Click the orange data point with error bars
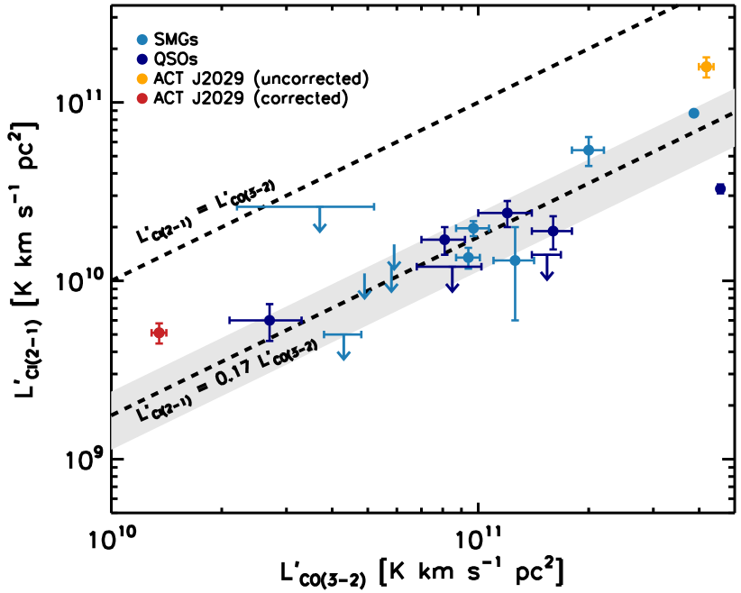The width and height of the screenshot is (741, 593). (706, 67)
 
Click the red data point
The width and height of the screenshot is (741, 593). (159, 333)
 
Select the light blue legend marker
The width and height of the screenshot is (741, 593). (142, 40)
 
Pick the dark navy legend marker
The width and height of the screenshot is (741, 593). (142, 59)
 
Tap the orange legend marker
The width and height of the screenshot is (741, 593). (142, 78)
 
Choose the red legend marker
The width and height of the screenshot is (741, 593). (142, 98)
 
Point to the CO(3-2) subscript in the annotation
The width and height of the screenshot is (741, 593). (296, 352)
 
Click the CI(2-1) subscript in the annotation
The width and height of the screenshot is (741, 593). (171, 406)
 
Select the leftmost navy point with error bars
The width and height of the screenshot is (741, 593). (269, 320)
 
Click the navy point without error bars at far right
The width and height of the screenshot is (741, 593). (720, 188)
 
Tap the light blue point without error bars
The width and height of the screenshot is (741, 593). (693, 113)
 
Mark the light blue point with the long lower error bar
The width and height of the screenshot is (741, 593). (515, 260)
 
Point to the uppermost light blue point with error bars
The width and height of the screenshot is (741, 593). (588, 150)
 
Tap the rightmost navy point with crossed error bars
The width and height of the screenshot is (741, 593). (553, 231)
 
